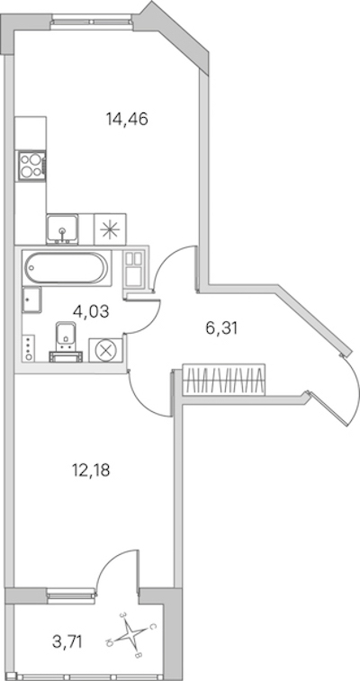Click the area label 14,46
127,119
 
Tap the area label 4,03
91,311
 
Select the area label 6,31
221,328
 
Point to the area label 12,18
91,470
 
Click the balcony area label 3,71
67,641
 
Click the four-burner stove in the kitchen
31,165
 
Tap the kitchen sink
62,228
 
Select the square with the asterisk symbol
110,228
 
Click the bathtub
66,267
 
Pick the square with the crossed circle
105,350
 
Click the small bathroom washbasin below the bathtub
32,300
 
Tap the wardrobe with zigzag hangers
224,380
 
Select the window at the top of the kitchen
92,21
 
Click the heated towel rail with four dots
29,347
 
